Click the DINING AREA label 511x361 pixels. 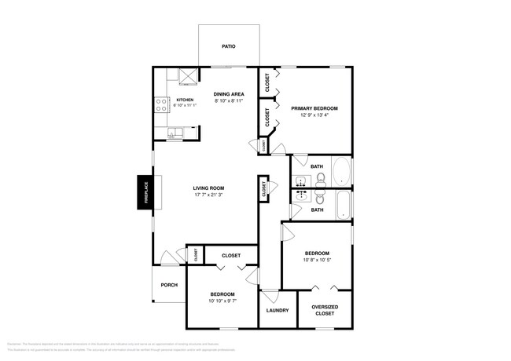tap(229, 94)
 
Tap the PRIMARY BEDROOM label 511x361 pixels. tap(314, 108)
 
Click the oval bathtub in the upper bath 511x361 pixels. tap(342, 172)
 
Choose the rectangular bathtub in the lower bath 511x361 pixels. tap(342, 205)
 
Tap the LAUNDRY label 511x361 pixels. tap(278, 310)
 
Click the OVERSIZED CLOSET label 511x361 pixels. tap(324, 310)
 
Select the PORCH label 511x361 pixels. tap(168, 285)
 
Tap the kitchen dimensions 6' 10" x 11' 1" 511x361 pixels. tap(185, 105)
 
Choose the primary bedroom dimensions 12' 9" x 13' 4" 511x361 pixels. tap(314, 115)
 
